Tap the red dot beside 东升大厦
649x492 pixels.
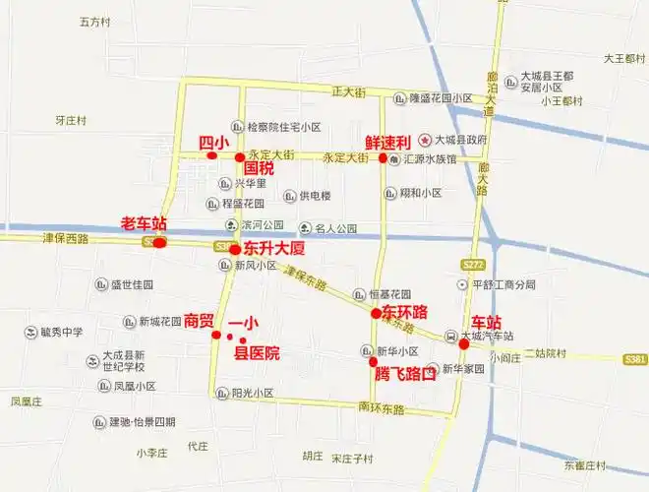coord(235,250)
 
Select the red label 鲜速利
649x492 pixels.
coord(387,142)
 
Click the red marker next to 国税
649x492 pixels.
coord(239,157)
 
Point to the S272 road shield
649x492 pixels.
coord(473,264)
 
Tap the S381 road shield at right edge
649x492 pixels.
coord(635,359)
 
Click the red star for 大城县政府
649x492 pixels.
coord(425,140)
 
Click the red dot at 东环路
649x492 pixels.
coord(376,313)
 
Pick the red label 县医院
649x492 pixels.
coord(256,353)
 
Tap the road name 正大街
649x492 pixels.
coord(348,92)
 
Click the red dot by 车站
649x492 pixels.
coord(463,344)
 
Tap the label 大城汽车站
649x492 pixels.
coord(488,336)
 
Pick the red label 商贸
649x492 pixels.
coord(199,321)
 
